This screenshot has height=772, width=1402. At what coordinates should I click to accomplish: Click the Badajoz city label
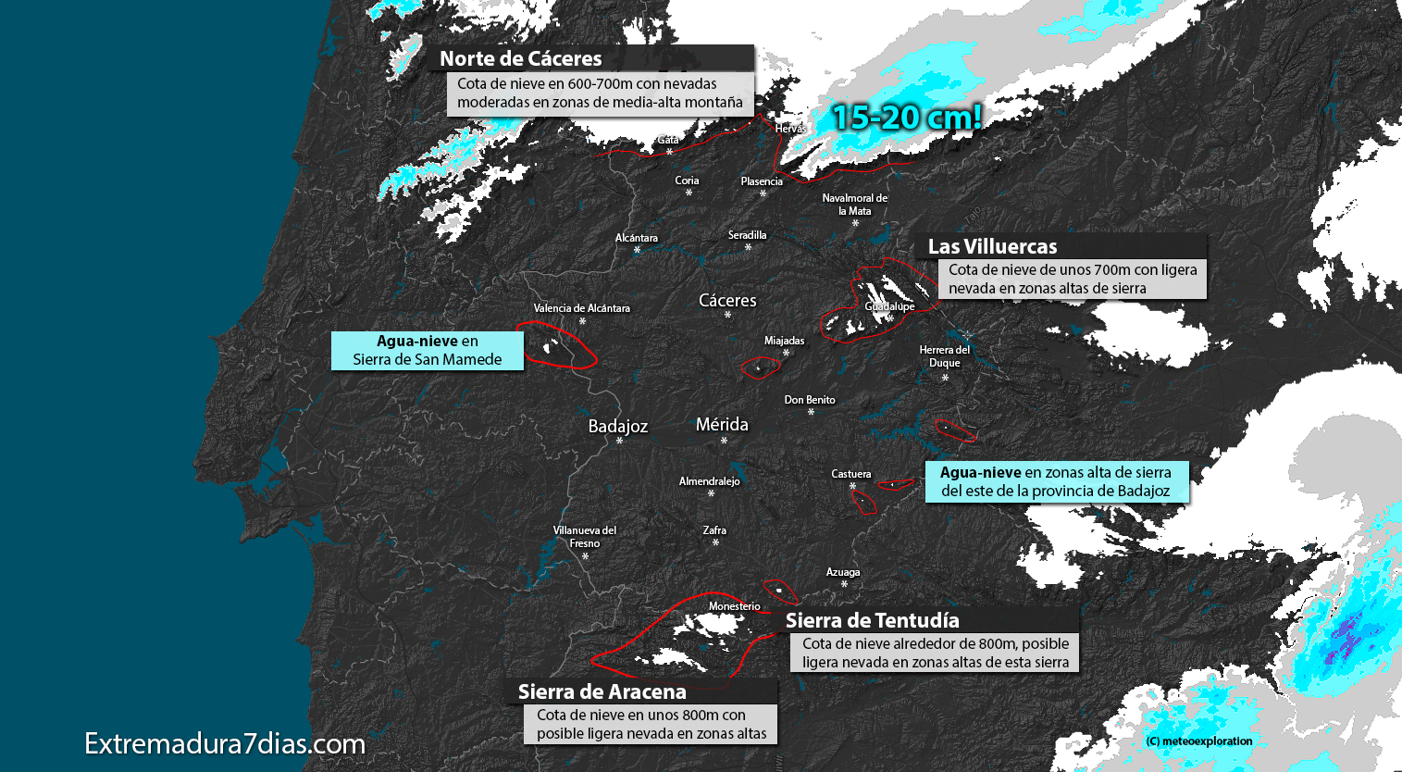point(618,426)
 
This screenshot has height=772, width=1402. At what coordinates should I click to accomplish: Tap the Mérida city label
point(722,424)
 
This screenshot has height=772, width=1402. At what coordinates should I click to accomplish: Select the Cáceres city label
point(727,300)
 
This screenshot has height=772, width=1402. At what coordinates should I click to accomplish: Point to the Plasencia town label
point(762,181)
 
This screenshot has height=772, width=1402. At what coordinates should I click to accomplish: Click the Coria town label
point(687,181)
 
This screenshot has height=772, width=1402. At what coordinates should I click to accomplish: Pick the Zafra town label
point(714,530)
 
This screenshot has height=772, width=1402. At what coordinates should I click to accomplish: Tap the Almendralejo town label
point(710,481)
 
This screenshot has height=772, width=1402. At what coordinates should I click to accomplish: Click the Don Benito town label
point(810,400)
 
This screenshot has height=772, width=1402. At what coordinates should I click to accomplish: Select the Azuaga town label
point(843,572)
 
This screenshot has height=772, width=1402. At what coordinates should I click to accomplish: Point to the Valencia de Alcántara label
point(582,308)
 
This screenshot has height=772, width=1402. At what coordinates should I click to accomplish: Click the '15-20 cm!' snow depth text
point(906,118)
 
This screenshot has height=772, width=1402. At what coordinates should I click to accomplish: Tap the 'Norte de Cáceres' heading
point(521,58)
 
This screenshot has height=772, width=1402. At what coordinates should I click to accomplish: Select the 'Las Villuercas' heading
point(992,246)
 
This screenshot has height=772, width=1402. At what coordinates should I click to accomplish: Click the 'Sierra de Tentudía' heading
point(873,620)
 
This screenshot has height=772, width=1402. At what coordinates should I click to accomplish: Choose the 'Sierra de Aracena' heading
point(602,691)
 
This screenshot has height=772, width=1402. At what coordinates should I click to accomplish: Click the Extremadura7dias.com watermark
point(225,743)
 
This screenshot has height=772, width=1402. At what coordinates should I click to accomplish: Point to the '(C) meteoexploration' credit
point(1198,741)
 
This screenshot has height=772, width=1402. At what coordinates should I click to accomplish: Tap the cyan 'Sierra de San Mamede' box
point(428,351)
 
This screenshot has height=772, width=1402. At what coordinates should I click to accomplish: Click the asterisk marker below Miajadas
point(787,354)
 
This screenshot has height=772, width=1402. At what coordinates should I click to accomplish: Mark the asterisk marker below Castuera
point(852,486)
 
